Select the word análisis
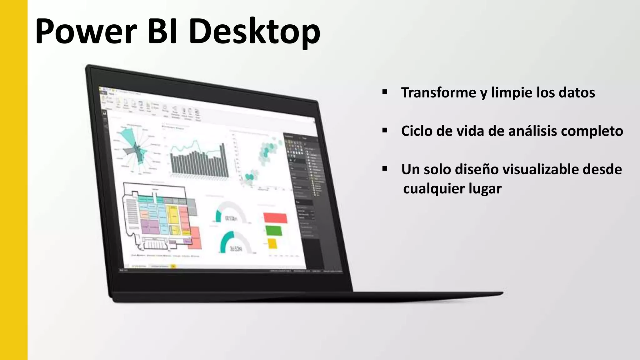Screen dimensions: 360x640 click(532, 131)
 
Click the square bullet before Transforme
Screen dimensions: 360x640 click(385, 92)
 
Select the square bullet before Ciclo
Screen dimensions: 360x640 click(385, 130)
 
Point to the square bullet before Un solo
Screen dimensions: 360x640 click(385, 169)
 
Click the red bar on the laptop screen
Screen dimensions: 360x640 click(275, 218)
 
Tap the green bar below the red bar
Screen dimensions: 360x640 click(274, 231)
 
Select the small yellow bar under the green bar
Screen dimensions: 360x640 click(272, 243)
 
